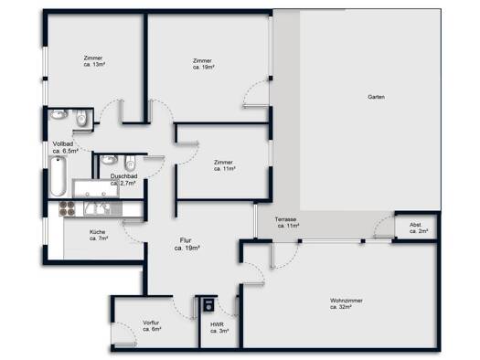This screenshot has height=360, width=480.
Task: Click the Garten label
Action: [376, 97]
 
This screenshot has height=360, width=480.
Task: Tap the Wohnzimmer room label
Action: [347, 301]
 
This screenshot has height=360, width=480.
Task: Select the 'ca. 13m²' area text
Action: [94, 65]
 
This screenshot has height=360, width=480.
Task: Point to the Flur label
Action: [186, 240]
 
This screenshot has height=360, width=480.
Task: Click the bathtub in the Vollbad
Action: [59, 176]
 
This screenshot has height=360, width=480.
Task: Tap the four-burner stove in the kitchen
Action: [67, 208]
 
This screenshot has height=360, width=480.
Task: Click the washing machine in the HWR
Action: [208, 304]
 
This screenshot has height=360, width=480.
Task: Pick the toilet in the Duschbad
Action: [130, 163]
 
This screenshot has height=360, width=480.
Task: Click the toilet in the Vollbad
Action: [81, 118]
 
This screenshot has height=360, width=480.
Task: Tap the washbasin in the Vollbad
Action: [59, 114]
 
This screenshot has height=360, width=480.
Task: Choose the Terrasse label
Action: [285, 219]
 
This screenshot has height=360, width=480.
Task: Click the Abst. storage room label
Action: [415, 225]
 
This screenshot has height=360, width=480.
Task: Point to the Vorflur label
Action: [151, 323]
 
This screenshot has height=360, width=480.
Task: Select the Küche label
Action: [97, 232]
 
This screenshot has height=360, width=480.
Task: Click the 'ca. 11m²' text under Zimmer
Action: [225, 169]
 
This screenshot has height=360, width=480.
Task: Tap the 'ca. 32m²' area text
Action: [341, 307]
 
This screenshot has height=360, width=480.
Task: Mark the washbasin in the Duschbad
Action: [109, 159]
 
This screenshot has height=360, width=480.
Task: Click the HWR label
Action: [217, 324]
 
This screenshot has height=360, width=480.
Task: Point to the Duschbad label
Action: [123, 176]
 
